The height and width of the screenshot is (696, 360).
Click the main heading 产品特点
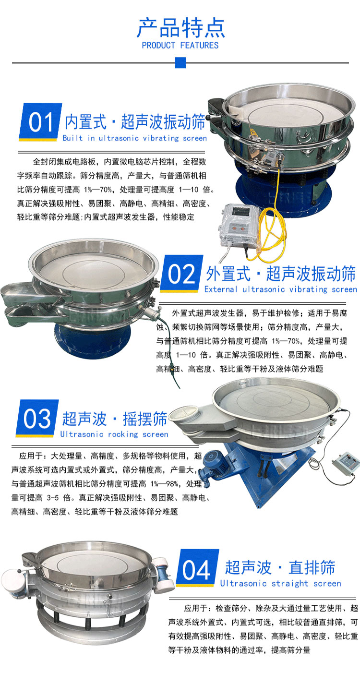click(180, 28)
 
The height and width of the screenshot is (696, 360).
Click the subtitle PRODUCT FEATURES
click(180, 46)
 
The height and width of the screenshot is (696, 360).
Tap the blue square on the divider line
click(180, 62)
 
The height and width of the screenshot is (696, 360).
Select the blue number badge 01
click(40, 122)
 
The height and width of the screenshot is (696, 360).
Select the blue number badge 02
click(182, 274)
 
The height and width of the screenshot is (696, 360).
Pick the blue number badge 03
click(37, 418)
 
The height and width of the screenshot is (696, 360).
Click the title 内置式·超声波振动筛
click(135, 121)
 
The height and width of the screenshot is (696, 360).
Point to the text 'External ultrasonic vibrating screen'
click(280, 289)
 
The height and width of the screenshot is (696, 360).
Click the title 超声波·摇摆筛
click(115, 419)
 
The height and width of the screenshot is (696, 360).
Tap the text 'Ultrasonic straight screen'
click(280, 583)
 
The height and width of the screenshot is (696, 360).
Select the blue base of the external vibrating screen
click(93, 340)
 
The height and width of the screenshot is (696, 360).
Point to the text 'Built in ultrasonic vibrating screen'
click(135, 138)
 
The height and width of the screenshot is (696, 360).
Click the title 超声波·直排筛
click(280, 567)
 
